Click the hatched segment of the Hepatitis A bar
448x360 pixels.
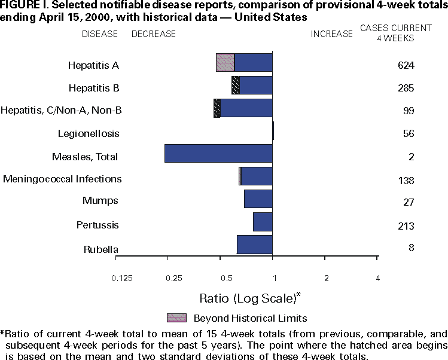225,62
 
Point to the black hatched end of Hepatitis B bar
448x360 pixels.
236,85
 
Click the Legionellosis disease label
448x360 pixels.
89,133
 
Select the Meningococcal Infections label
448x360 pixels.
62,179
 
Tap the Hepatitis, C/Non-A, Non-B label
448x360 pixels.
62,110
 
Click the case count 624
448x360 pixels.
406,65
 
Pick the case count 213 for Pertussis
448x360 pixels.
406,226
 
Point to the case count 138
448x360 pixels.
406,180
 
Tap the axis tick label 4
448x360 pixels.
377,278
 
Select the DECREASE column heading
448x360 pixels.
154,34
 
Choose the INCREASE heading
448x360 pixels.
332,34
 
